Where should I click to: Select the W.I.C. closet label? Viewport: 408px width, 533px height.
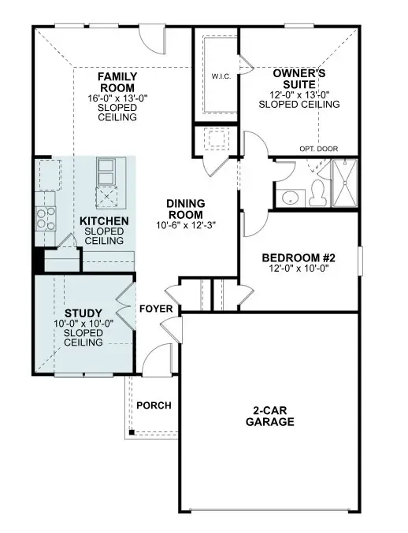221,76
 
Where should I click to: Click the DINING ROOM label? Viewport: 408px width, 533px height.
185,209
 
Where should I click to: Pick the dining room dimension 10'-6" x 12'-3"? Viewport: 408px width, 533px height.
185,225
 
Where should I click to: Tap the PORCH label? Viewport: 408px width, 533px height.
154,405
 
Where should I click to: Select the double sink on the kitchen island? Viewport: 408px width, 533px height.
106,168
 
